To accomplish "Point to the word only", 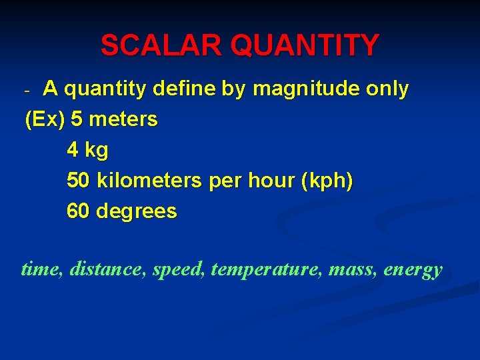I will pyautogui.click(x=389, y=89).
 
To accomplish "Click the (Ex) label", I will pyautogui.click(x=45, y=120).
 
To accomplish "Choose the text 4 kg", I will pyautogui.click(x=87, y=151).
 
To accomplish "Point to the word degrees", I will pyautogui.click(x=137, y=212).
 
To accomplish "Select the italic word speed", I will pyautogui.click(x=179, y=270).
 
